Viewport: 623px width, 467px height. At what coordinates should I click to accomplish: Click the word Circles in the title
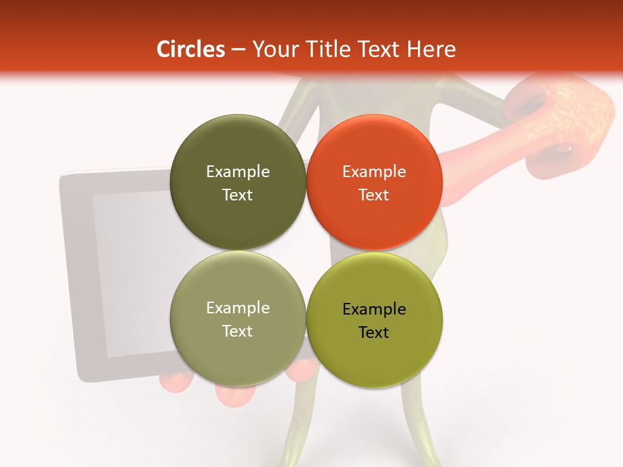[x=191, y=49]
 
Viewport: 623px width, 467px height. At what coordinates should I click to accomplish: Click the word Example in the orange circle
[x=374, y=172]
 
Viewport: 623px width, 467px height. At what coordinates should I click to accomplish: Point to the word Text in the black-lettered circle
[x=374, y=333]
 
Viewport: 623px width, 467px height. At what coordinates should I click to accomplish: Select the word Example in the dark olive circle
[x=238, y=172]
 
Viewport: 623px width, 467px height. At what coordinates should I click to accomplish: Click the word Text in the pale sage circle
[x=238, y=331]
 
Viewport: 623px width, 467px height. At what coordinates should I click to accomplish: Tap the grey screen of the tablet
[x=130, y=272]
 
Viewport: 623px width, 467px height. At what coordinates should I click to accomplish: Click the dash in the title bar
[x=238, y=50]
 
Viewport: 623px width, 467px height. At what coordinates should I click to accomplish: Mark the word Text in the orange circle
[x=374, y=195]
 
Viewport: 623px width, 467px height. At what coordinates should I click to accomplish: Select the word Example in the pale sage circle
[x=238, y=308]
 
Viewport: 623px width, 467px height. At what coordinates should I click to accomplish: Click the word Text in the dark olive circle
[x=238, y=195]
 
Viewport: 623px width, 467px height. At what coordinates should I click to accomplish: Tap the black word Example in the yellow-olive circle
[x=374, y=309]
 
